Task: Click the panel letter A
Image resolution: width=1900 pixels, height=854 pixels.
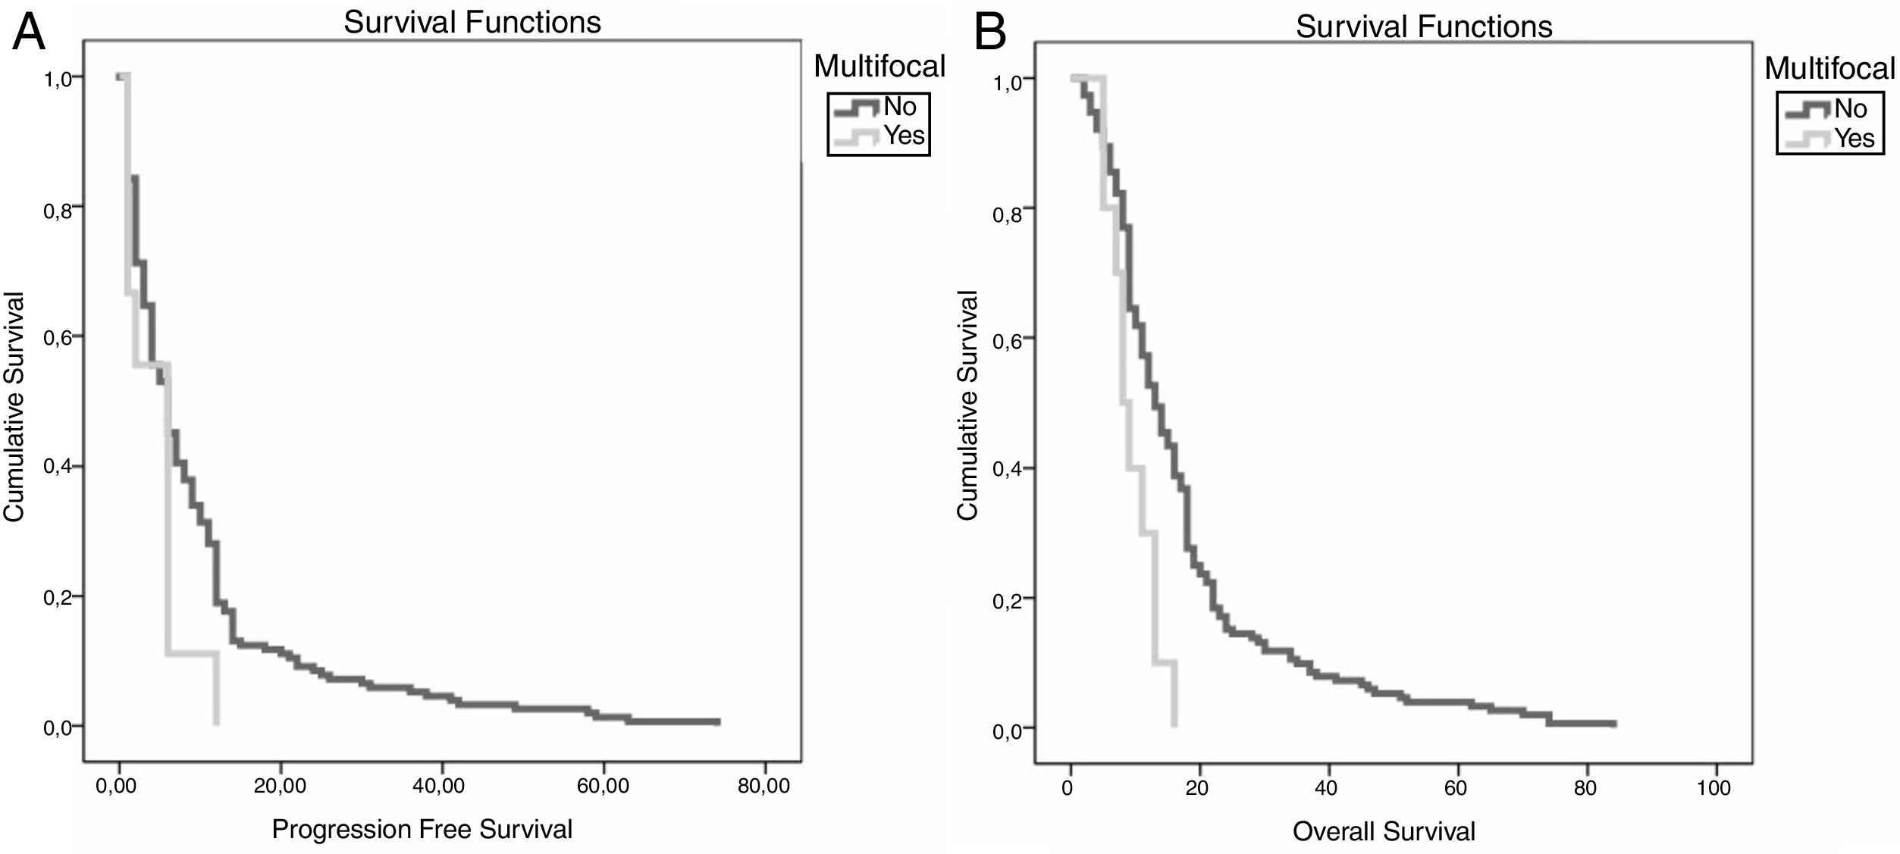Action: pos(29,31)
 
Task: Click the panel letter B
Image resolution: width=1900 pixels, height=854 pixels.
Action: pos(990,33)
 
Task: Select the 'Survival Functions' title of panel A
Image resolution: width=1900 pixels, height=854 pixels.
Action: pos(472,22)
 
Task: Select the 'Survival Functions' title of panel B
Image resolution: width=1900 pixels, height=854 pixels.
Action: pos(1424,27)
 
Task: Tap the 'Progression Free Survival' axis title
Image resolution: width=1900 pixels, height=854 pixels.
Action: pos(422,828)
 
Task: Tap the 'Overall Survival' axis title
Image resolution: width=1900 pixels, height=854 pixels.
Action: pos(1384,831)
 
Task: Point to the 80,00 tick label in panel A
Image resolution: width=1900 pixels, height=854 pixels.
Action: pos(763,786)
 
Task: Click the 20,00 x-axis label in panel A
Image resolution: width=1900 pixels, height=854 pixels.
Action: pos(280,786)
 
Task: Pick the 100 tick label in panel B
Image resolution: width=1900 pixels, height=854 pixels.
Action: pos(1714,787)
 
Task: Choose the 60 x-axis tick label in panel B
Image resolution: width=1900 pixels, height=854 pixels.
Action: pos(1456,787)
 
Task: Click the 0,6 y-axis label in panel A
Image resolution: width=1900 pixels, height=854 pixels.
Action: pos(59,338)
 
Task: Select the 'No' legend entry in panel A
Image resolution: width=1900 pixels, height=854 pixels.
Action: pos(900,107)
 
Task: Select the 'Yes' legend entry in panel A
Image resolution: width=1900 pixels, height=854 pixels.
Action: pos(904,136)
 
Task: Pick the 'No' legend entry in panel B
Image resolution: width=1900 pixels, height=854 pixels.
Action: pos(1851,109)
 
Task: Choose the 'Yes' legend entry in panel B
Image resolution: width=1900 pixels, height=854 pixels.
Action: pos(1854,139)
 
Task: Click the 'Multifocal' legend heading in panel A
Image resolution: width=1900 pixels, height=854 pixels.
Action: pos(879,67)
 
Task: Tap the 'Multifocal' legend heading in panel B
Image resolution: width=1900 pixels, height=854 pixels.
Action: pos(1830,69)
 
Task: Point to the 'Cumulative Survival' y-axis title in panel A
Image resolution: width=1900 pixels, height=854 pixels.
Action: pos(15,407)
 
